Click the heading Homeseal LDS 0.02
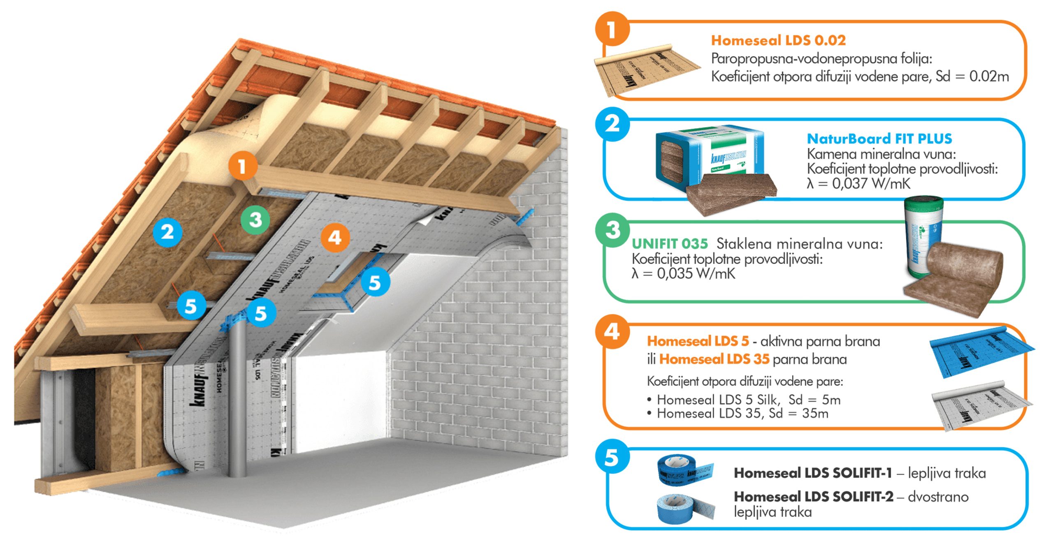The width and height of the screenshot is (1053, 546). click(x=778, y=40)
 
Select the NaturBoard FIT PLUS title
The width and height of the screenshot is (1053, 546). click(x=879, y=139)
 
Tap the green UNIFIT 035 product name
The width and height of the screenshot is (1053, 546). click(x=670, y=244)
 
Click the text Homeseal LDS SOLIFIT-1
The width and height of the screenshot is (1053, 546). click(x=813, y=473)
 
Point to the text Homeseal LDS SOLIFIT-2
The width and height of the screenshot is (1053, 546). click(x=814, y=497)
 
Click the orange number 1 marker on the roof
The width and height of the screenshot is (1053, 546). click(x=243, y=166)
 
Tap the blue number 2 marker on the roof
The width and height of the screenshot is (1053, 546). click(x=167, y=232)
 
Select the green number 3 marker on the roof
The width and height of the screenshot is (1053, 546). click(x=255, y=220)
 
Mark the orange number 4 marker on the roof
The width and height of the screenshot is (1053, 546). click(x=335, y=237)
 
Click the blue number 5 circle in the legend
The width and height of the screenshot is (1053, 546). click(x=612, y=457)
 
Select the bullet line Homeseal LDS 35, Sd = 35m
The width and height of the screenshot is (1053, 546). click(x=742, y=413)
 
